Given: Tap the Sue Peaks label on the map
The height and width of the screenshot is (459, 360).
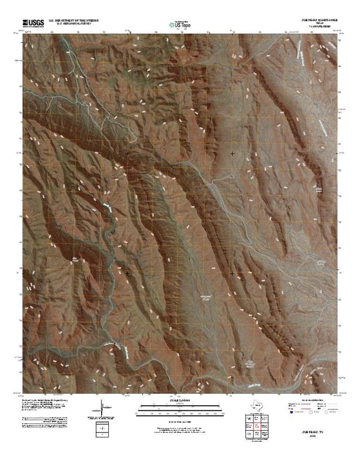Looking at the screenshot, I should click(75, 258).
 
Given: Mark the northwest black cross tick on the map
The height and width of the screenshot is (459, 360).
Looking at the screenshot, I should click(127, 153).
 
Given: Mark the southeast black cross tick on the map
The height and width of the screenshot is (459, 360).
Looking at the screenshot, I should click(232, 273).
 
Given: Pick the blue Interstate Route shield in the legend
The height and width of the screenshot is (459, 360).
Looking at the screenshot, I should click(291, 414).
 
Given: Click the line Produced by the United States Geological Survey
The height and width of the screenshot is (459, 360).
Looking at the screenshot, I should click(45, 400).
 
